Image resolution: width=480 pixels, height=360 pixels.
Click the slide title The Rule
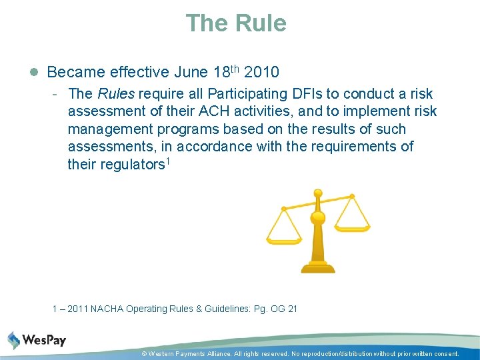tap(236, 23)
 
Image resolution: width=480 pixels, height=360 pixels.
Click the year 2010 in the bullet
tap(262, 72)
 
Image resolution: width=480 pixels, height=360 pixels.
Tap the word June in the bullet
tap(189, 72)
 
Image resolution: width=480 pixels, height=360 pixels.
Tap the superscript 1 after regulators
tap(167, 161)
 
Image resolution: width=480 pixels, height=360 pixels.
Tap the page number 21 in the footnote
tap(293, 309)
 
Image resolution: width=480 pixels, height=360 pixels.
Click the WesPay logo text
tap(44, 341)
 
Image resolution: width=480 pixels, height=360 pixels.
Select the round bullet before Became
tap(34, 72)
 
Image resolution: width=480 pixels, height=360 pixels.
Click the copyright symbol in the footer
tap(144, 354)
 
